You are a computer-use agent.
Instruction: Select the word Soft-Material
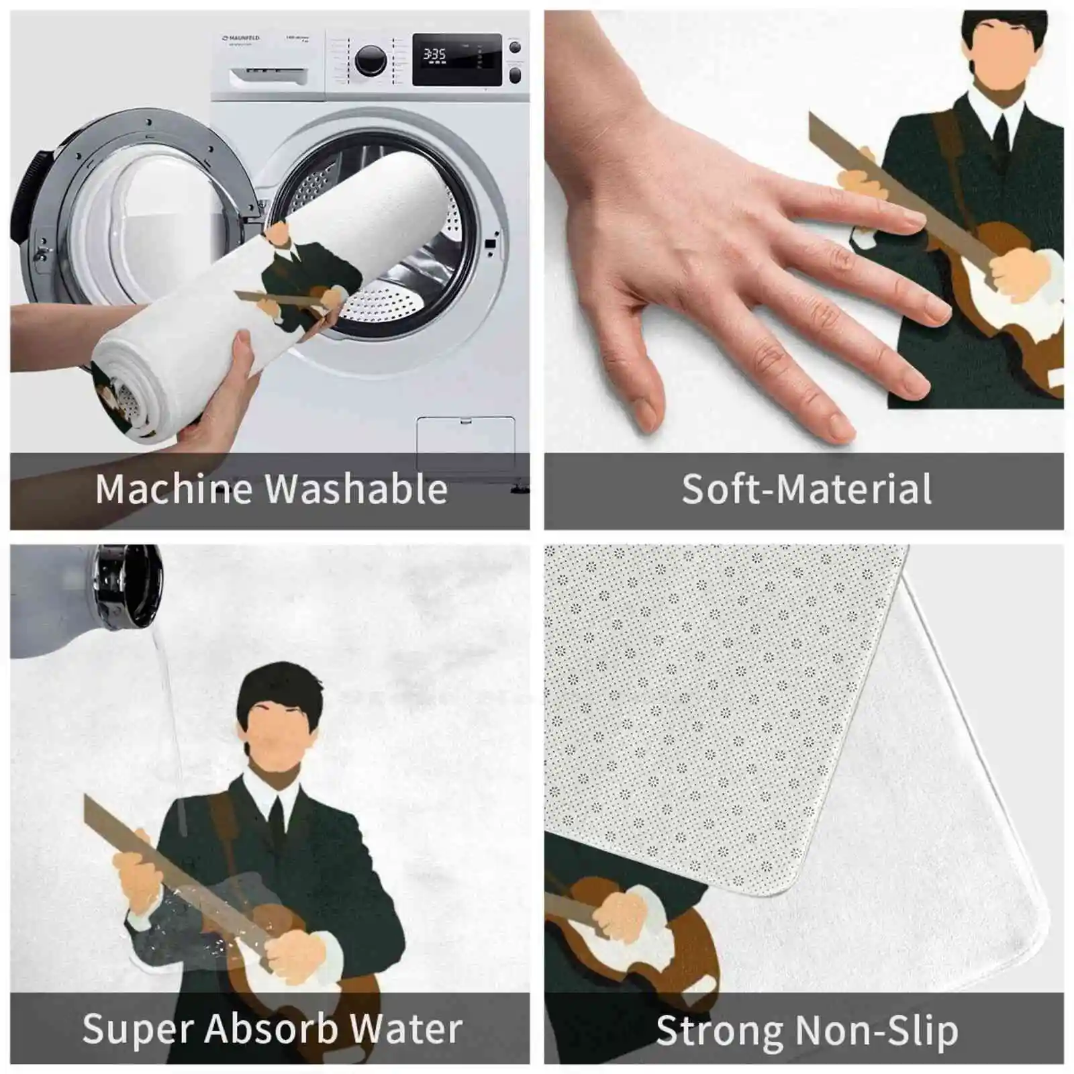point(806,489)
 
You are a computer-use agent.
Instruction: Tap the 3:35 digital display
point(434,54)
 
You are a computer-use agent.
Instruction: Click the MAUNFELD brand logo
point(241,39)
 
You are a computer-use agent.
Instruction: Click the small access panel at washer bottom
point(465,443)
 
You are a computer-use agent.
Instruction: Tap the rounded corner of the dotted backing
point(792,873)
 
